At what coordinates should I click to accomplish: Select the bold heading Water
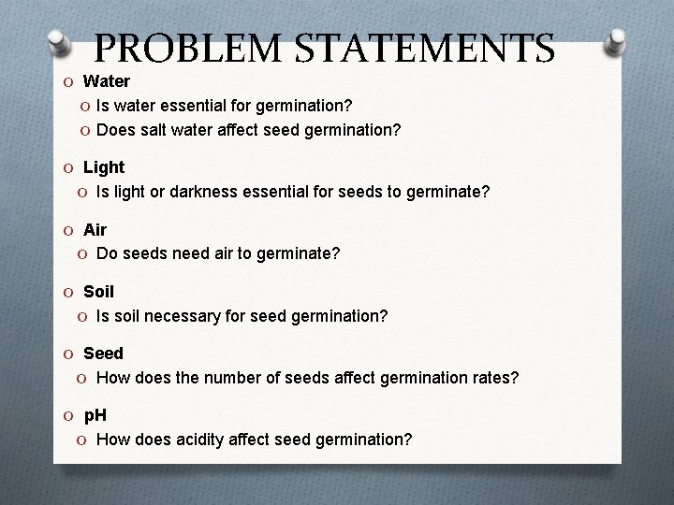pyautogui.click(x=107, y=81)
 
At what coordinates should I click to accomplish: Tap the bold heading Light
pyautogui.click(x=104, y=167)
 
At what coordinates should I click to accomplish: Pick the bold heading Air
pyautogui.click(x=95, y=229)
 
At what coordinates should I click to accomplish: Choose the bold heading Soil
pyautogui.click(x=98, y=292)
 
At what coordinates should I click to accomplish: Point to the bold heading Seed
pyautogui.click(x=103, y=353)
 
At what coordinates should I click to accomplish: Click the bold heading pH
pyautogui.click(x=95, y=415)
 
